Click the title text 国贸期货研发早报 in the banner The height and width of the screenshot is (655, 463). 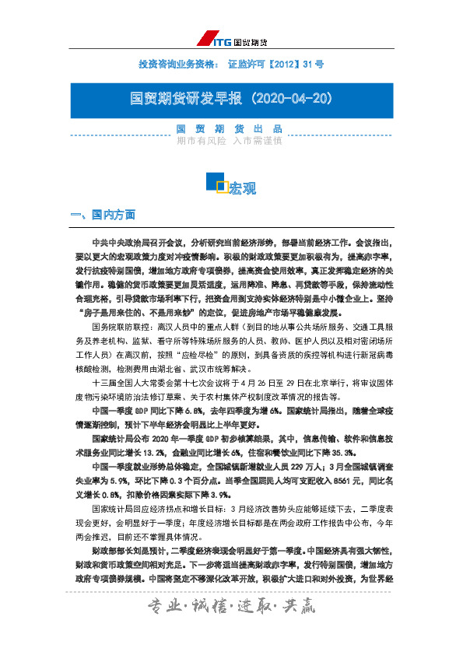pyautogui.click(x=187, y=99)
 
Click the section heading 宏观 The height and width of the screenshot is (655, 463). pyautogui.click(x=242, y=187)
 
